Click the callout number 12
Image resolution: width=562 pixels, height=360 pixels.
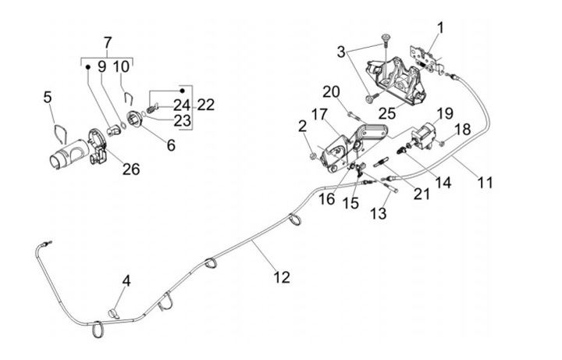(x=281, y=277)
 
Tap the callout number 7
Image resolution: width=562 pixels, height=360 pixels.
(x=108, y=42)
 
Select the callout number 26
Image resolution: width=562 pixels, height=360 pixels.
(x=131, y=169)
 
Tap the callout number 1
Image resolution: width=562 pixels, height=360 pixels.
(x=440, y=29)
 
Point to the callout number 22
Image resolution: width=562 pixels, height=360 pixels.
(x=206, y=105)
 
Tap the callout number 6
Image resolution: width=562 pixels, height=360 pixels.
(x=169, y=144)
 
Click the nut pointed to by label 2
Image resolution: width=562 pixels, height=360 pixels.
(x=314, y=156)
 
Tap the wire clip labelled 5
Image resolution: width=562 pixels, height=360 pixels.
(x=59, y=130)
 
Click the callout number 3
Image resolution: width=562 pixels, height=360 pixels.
(x=341, y=52)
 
